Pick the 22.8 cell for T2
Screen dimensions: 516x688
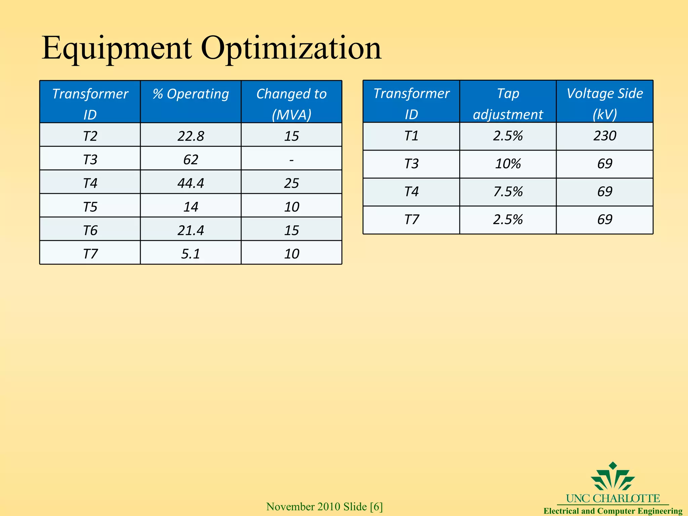190,136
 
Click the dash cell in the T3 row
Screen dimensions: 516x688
291,160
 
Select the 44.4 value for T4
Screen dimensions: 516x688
190,183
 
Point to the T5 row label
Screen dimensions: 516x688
90,207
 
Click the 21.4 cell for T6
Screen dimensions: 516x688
190,230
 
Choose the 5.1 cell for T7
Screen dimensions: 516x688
190,254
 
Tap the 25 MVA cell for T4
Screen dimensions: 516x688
291,183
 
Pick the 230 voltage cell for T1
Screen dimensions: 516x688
604,136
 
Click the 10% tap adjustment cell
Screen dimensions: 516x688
508,164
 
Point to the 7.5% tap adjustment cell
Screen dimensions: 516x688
508,191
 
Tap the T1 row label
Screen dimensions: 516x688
411,136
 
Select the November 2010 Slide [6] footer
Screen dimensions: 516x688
324,507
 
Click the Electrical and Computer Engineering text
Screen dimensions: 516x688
613,511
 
